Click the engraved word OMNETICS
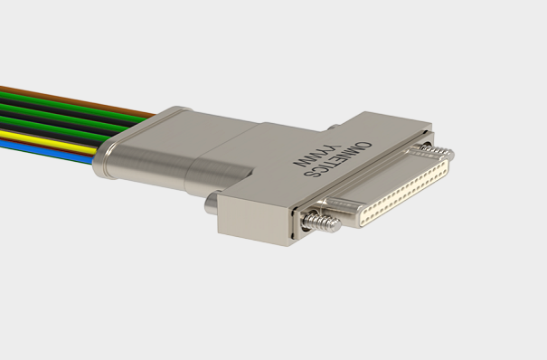(337, 159)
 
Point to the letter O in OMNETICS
(365, 145)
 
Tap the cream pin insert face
(405, 193)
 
